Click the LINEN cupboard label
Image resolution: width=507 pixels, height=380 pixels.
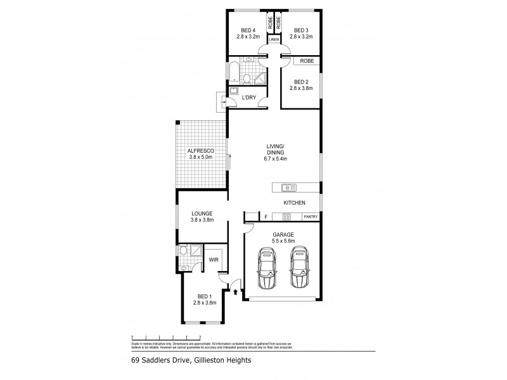point(274,40)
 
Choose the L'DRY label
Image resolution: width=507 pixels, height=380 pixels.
point(249,97)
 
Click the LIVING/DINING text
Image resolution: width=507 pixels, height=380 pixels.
point(276,149)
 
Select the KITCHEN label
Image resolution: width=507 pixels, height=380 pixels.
point(295,203)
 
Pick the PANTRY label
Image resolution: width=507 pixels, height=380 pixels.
point(310,217)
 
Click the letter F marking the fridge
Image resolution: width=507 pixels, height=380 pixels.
point(266,217)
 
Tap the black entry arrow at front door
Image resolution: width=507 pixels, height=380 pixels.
point(236,293)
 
